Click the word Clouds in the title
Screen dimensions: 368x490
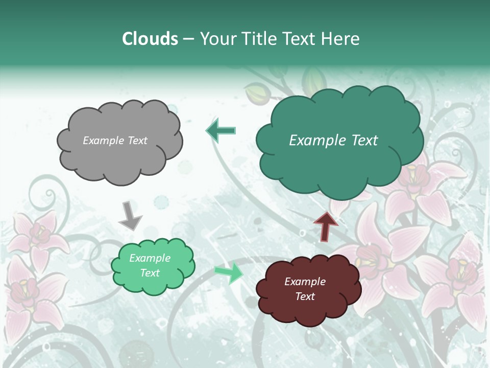pos(150,39)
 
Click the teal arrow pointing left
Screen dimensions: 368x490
pos(220,130)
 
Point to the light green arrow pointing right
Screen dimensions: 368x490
pos(229,273)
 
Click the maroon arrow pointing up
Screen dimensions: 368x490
pos(326,226)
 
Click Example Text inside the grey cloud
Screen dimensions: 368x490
pos(115,141)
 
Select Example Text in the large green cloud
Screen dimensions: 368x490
pos(333,141)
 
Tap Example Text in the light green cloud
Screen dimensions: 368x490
pos(150,265)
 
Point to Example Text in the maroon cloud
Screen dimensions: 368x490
pos(305,289)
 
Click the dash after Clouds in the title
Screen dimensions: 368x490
pos(188,39)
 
